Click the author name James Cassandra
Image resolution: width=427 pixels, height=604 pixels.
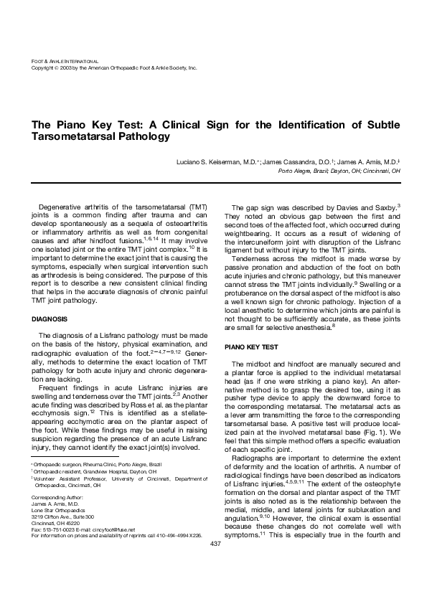(288, 163)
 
